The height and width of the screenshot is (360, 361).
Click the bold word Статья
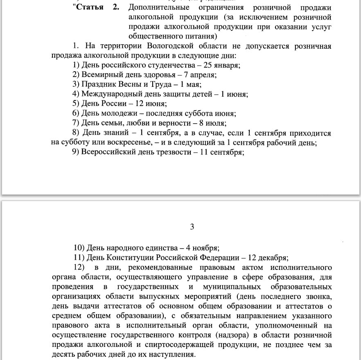[90, 8]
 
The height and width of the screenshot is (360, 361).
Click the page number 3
[192, 226]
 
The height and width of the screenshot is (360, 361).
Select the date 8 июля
[212, 123]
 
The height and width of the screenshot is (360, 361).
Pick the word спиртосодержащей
[176, 345]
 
